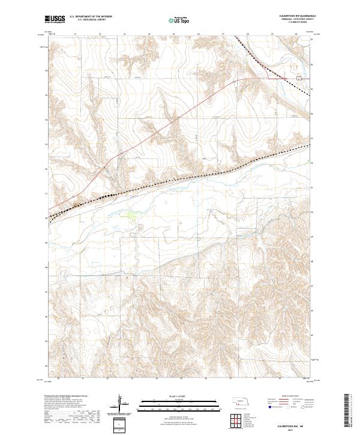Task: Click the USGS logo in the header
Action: [x=55, y=19]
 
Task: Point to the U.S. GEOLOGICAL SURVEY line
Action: [x=89, y=20]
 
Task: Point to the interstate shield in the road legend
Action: [x=268, y=406]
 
